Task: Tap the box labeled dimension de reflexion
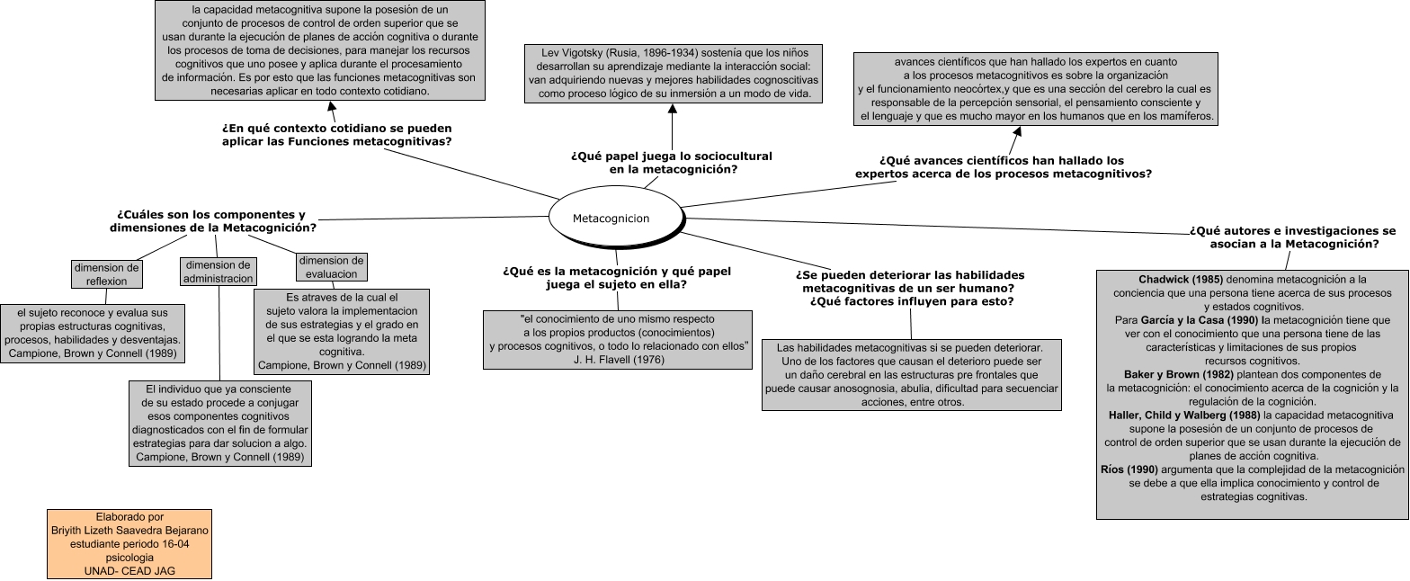tap(107, 273)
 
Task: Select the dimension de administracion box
tap(218, 272)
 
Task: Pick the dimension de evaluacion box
tap(332, 267)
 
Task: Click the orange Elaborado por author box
tap(129, 544)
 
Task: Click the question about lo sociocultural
tap(672, 162)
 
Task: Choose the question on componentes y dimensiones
tap(212, 221)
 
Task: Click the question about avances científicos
tap(1003, 167)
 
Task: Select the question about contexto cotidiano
tap(337, 135)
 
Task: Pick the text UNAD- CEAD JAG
tap(129, 570)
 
